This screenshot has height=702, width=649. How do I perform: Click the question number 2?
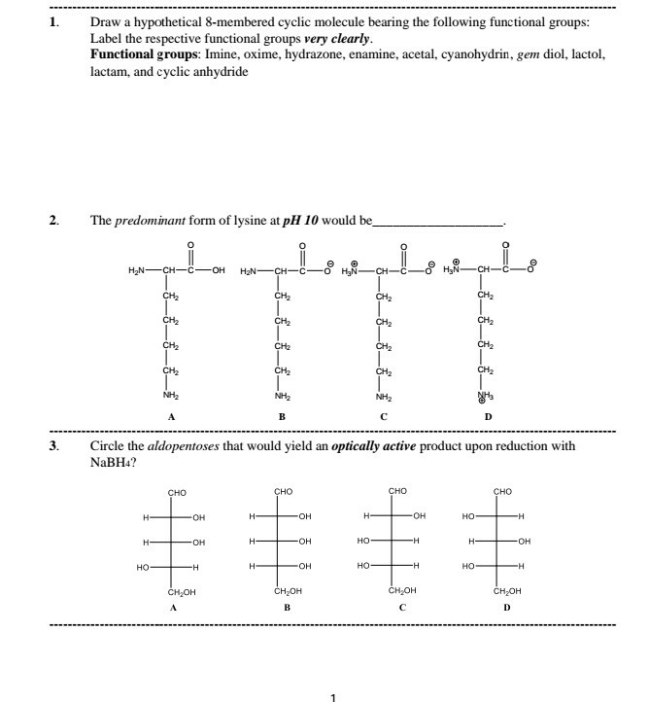(53, 221)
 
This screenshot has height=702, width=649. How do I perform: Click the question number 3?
(53, 446)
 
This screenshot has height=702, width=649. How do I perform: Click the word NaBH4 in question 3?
(112, 462)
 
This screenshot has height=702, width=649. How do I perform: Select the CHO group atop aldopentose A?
(178, 492)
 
